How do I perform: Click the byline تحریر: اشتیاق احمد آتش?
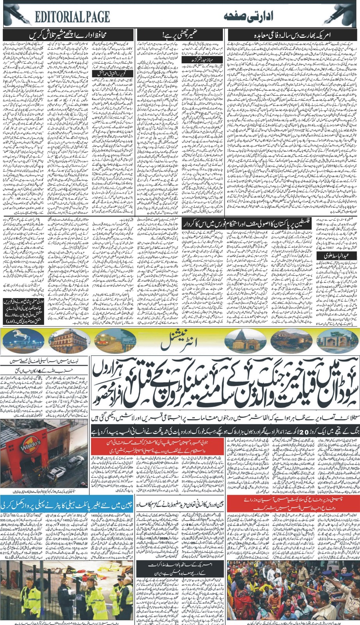108,73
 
